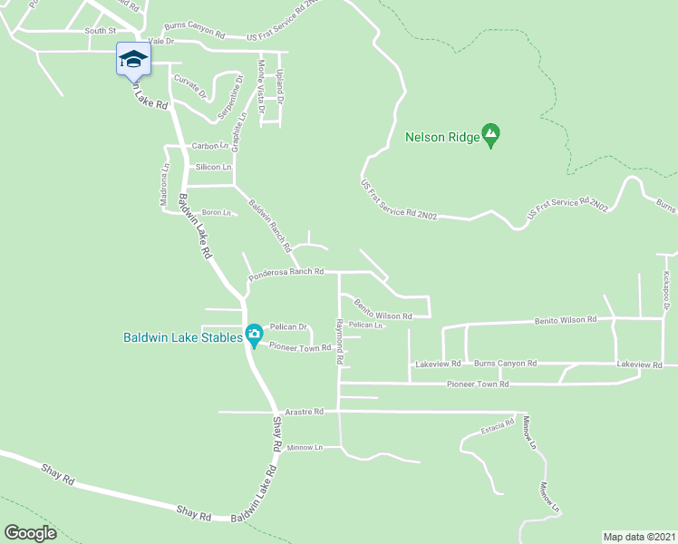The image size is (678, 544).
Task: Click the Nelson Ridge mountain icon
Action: click(490, 135)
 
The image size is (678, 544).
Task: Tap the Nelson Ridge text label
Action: click(443, 139)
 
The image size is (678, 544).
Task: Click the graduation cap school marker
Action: click(133, 60)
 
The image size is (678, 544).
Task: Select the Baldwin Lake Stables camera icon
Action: click(254, 335)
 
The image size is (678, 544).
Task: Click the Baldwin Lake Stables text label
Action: click(183, 338)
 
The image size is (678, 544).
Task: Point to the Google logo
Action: click(30, 533)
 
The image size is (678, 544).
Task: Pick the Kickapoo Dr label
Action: click(664, 292)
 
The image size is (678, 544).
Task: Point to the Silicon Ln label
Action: click(215, 168)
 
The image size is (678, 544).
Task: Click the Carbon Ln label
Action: click(209, 146)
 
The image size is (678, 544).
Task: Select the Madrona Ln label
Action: click(165, 184)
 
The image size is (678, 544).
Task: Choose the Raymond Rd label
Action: click(340, 341)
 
